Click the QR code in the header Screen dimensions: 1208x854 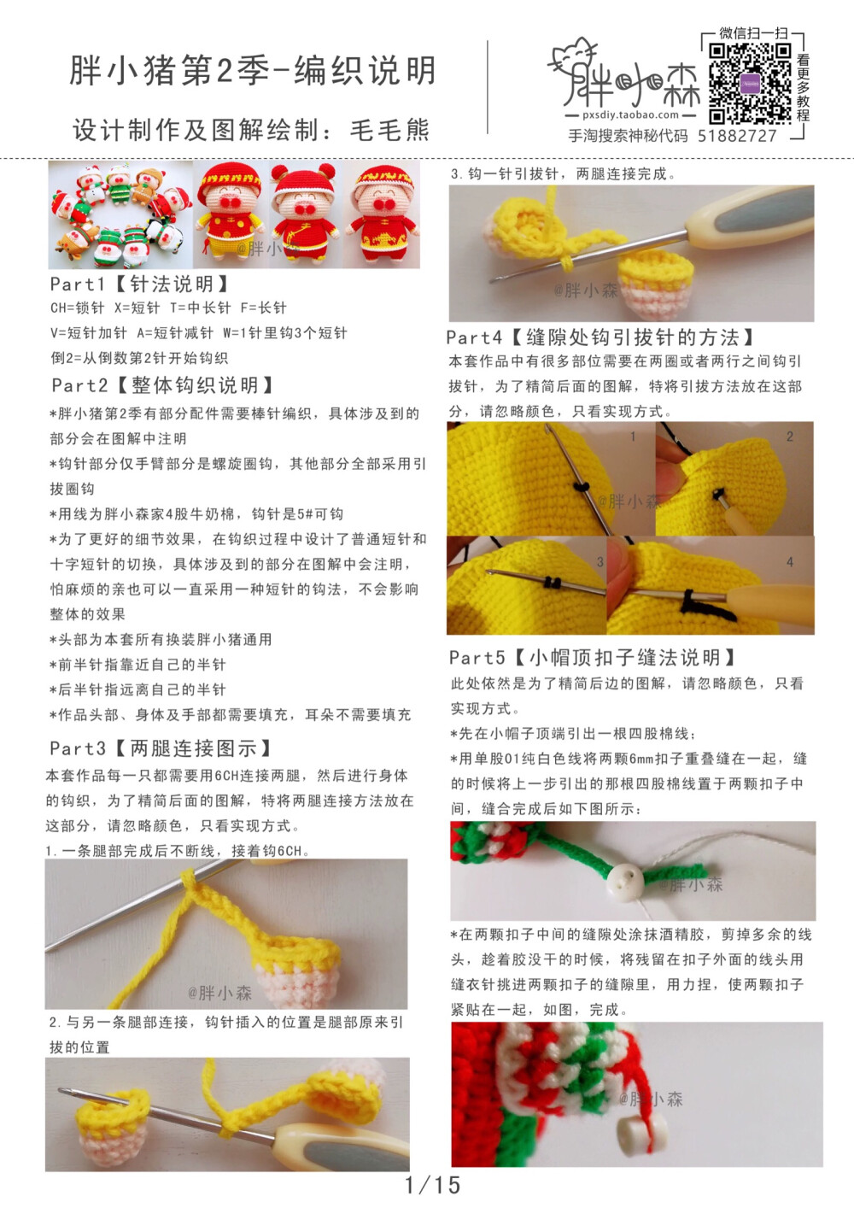(x=750, y=83)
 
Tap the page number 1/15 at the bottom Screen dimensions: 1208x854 (x=432, y=1185)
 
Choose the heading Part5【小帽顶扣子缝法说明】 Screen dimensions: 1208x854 (x=593, y=658)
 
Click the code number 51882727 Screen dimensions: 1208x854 (x=737, y=136)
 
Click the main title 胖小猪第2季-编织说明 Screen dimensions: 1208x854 (x=254, y=71)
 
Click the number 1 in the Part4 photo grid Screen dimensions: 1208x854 (x=633, y=437)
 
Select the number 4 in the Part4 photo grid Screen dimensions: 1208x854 (x=790, y=562)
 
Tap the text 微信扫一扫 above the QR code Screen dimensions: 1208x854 (x=753, y=33)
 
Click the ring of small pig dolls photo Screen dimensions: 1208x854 (x=120, y=214)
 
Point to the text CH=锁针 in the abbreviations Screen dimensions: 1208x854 (x=77, y=308)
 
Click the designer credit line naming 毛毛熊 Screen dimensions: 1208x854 (x=250, y=130)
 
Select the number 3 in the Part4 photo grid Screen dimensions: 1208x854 (x=600, y=562)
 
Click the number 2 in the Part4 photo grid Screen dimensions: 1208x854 (x=790, y=437)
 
